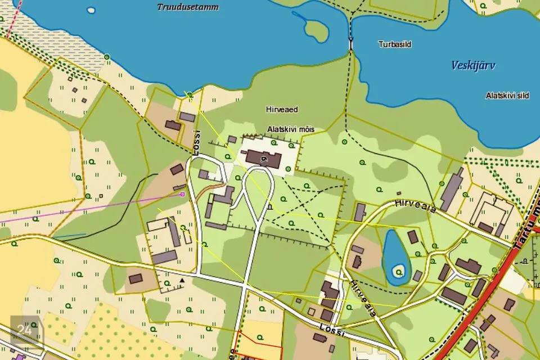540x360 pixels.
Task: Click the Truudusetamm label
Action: coord(188,7)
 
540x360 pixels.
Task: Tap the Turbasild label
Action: coord(394,43)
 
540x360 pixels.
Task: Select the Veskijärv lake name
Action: coord(473,66)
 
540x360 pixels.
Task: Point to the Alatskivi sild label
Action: coord(507,96)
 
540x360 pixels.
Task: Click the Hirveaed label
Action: coord(281,110)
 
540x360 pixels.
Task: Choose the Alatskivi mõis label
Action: coord(290,129)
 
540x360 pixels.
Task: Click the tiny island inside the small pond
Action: coord(399,272)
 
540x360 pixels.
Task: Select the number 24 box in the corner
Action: coord(25,330)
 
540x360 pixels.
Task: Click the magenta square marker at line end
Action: coord(182,194)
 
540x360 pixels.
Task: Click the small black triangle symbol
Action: coord(182,280)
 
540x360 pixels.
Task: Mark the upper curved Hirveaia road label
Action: coord(415,205)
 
